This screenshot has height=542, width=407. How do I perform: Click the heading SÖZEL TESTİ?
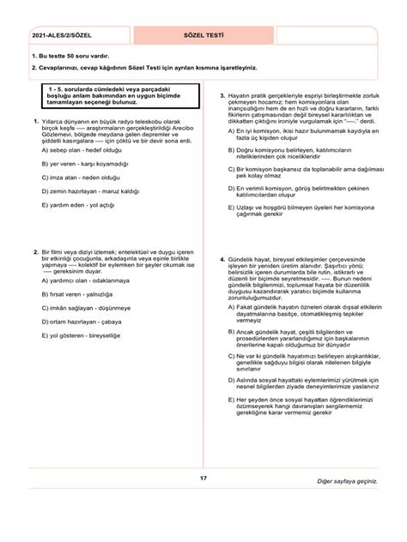pyautogui.click(x=203, y=38)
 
